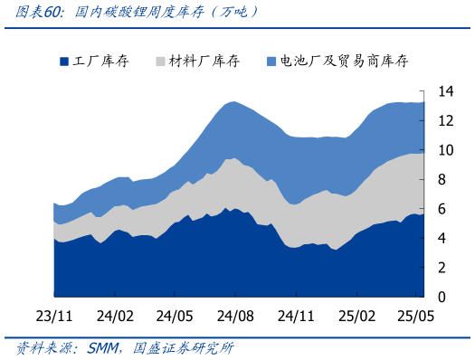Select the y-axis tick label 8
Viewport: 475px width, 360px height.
pos(442,180)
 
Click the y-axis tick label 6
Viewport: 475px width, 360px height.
pos(442,209)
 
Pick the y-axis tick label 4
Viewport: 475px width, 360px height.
pos(442,239)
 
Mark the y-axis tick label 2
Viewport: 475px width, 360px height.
pos(442,268)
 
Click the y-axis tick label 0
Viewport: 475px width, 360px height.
pos(442,297)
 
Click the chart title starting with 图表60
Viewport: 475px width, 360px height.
pos(136,12)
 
